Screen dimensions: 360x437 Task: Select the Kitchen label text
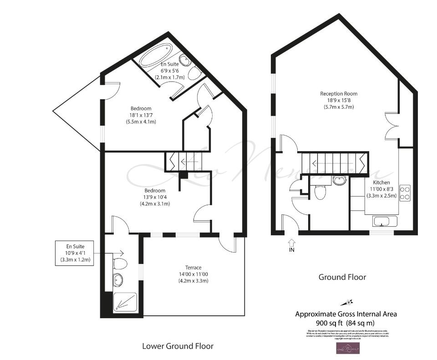381,183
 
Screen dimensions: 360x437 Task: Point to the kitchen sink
385,222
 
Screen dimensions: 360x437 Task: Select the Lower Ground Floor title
178,346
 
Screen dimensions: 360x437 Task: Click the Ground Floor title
342,277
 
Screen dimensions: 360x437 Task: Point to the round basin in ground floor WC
339,181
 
